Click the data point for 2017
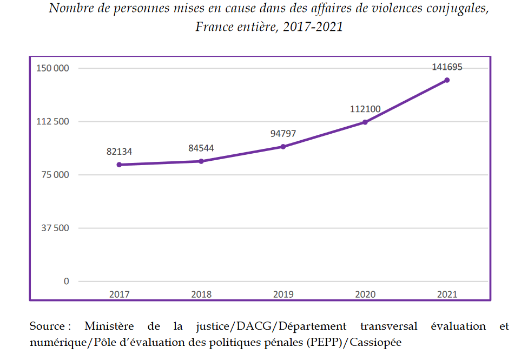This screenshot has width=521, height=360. (x=119, y=165)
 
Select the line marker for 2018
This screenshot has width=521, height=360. (x=201, y=161)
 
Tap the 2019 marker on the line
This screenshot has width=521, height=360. (x=283, y=147)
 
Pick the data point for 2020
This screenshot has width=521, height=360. (x=365, y=122)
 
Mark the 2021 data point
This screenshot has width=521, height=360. (x=447, y=80)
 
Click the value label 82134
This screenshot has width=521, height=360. (x=119, y=152)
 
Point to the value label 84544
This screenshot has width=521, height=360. (x=201, y=148)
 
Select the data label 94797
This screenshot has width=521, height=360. (x=283, y=134)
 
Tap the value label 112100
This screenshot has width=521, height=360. (x=365, y=109)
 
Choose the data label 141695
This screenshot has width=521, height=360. (x=447, y=67)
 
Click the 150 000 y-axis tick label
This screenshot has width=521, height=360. (x=53, y=68)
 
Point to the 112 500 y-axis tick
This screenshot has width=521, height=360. (x=53, y=121)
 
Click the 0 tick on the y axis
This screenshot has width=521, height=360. (x=67, y=281)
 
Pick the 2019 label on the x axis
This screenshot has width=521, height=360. (x=283, y=295)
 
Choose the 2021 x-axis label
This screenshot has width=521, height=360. (x=447, y=295)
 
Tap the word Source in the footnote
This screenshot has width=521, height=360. (x=48, y=326)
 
